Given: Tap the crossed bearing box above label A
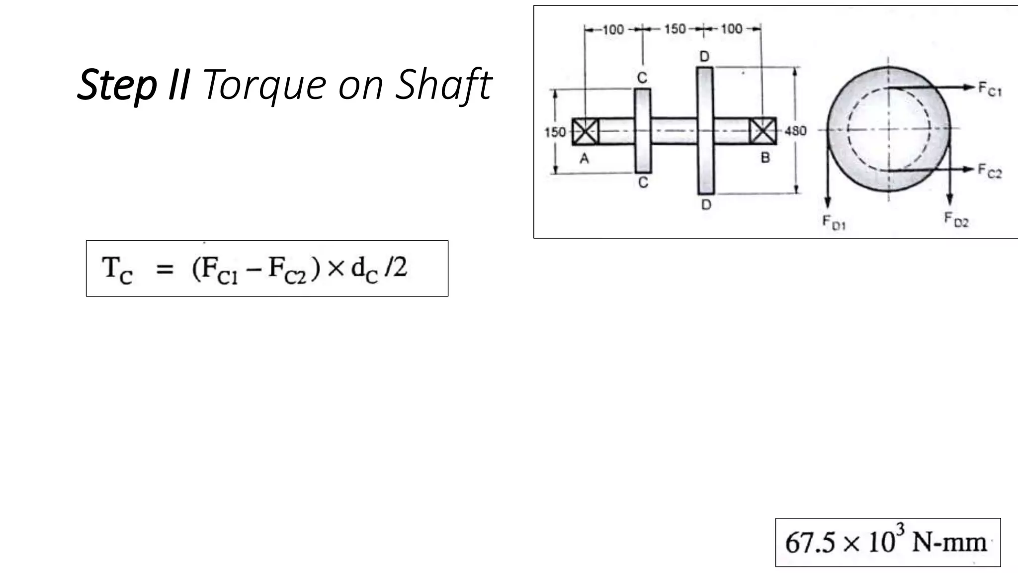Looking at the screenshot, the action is point(585,131).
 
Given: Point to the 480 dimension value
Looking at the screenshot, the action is point(795,131).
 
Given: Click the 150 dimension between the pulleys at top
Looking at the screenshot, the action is point(675,29).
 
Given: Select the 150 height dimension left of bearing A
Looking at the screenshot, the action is point(555,132).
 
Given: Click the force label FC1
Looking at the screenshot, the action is point(990,90).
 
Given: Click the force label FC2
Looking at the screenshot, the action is point(990,171).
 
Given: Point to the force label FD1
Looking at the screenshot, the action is point(834,222).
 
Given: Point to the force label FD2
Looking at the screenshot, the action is point(956,219).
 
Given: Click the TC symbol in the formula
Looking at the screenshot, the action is point(117,270).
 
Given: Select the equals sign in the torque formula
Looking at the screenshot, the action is point(165,270).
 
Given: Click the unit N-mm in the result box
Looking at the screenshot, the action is point(949,543).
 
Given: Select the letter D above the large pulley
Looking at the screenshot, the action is point(704,56).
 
